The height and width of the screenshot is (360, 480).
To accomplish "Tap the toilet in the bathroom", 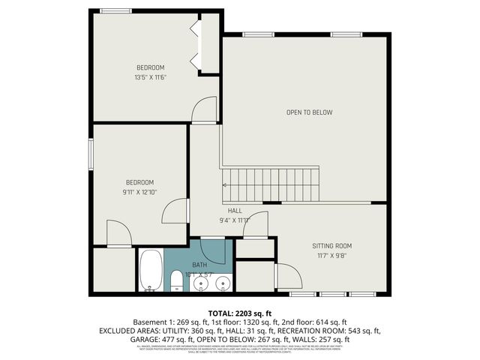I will pos(175,281).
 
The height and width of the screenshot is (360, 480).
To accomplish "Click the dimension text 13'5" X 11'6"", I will pos(150,77).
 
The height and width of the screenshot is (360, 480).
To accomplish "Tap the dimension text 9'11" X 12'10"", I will pos(139,193).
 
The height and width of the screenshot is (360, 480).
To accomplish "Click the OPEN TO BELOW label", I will pos(309,112).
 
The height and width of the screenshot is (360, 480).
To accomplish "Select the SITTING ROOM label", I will pos(331,245).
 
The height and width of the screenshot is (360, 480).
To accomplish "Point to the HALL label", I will pos(235,211).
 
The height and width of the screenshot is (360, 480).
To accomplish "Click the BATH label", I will pos(199,265).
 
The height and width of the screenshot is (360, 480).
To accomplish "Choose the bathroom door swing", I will pos(213,248).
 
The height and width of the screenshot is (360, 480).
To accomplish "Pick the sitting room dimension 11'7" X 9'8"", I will pos(331,256).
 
